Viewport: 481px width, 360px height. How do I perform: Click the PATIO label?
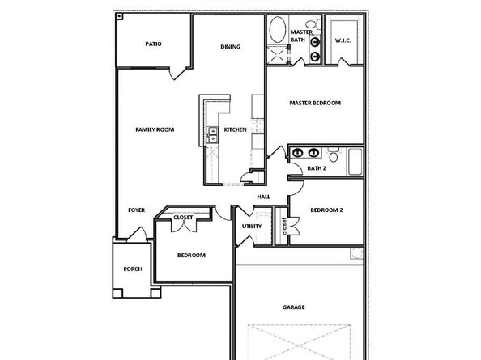tap(153, 44)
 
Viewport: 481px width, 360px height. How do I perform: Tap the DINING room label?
tap(230, 47)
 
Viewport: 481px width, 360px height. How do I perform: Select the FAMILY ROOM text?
tap(154, 129)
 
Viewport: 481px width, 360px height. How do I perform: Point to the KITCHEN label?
tap(235, 129)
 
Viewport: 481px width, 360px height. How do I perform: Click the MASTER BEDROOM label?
tap(315, 104)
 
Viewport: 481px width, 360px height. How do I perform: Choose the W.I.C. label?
tap(343, 40)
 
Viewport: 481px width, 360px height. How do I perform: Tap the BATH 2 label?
tap(316, 168)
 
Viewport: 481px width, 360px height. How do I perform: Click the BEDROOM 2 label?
tap(327, 210)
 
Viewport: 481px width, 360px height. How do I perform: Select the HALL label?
tap(263, 197)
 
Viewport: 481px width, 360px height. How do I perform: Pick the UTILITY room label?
tap(251, 226)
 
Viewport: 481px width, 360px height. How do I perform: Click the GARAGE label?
tap(294, 307)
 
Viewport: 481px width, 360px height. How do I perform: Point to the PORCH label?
tap(133, 269)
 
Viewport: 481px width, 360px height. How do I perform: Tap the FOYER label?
tap(137, 210)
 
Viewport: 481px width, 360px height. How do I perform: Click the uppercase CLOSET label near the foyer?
tap(184, 217)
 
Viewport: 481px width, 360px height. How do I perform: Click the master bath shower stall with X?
tap(277, 55)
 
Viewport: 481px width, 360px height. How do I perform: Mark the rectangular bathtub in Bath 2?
tap(354, 163)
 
